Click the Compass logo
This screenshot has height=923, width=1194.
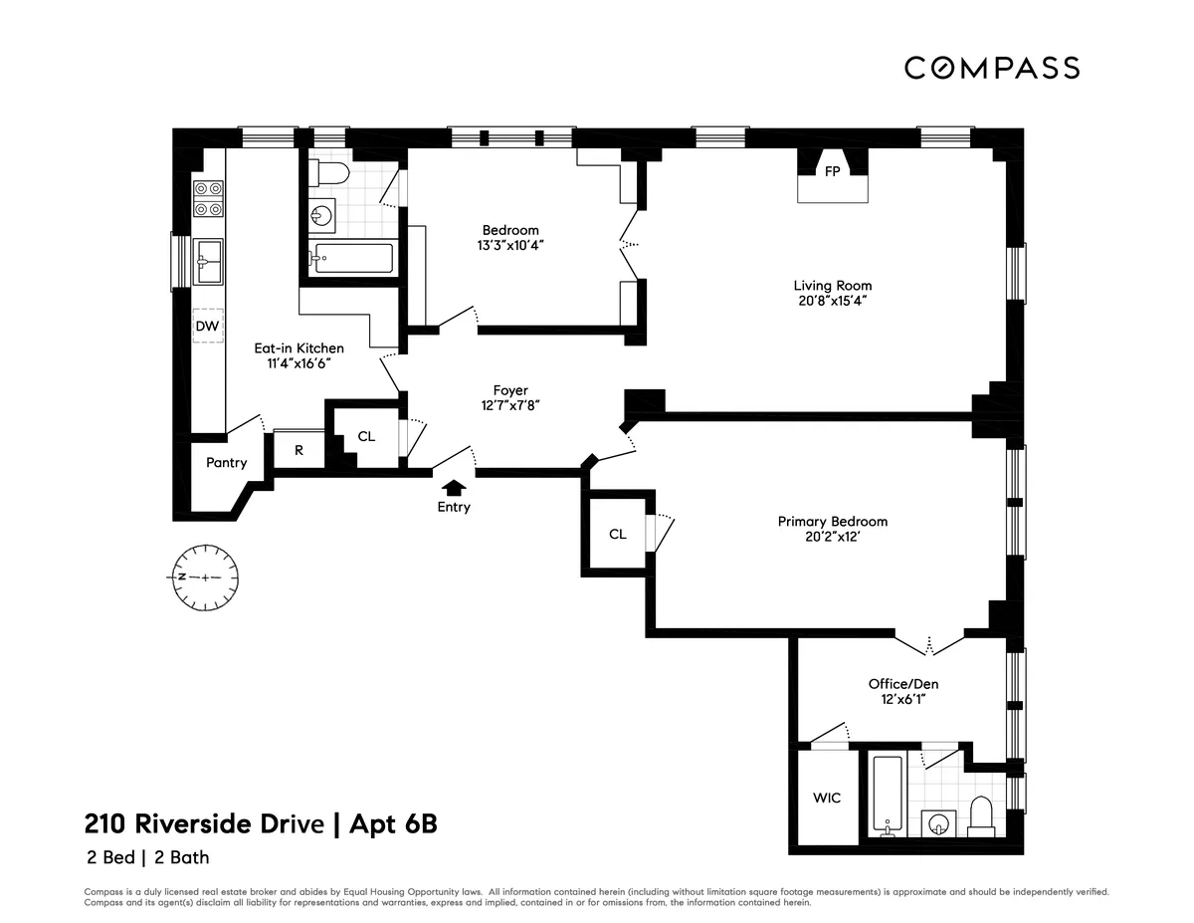(991, 68)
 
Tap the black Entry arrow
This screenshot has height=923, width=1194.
(454, 487)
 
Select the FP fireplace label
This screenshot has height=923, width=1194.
(833, 171)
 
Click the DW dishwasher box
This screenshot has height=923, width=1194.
(207, 326)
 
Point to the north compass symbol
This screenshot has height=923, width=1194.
(203, 577)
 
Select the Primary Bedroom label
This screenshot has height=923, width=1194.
(832, 521)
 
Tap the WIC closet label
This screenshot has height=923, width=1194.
(827, 798)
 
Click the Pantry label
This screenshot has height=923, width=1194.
(226, 462)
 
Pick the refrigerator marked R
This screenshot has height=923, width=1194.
(298, 450)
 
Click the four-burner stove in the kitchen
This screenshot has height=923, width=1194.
(208, 198)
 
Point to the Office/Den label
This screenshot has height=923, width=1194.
(902, 684)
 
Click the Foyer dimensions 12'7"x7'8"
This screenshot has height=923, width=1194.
(509, 405)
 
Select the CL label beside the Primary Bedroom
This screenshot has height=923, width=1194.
(617, 534)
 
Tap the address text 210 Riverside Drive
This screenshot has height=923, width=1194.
(204, 824)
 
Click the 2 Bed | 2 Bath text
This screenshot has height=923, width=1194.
(145, 856)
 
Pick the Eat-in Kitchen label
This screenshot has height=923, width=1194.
(298, 347)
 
